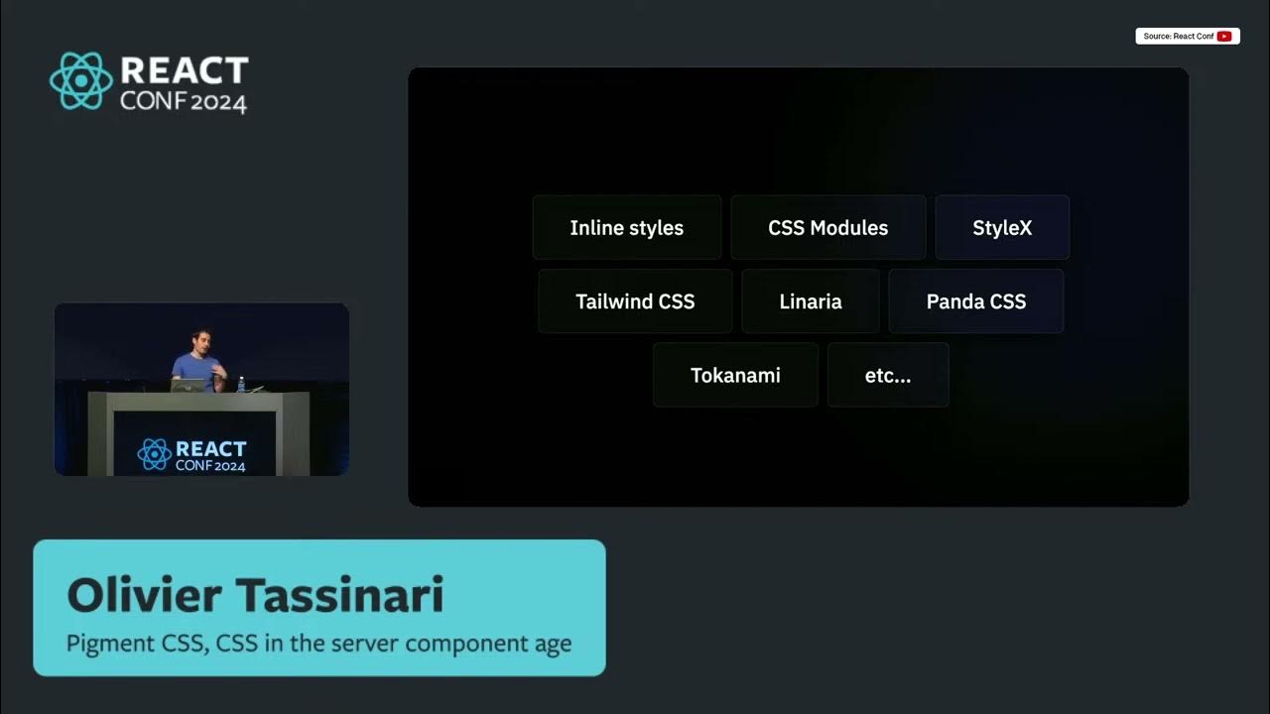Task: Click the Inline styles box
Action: [x=626, y=228]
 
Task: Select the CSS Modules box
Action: [x=827, y=228]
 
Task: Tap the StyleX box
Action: [x=1002, y=228]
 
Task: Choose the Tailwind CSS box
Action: [x=635, y=301]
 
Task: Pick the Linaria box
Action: [x=811, y=301]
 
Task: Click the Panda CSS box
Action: [x=976, y=301]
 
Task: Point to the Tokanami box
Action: [x=735, y=375]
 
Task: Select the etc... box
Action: [x=888, y=375]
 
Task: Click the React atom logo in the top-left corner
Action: [x=81, y=81]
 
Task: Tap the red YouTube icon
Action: [x=1224, y=37]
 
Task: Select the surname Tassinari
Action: [x=339, y=596]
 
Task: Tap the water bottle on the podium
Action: [x=240, y=384]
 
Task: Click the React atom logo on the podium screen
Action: [x=154, y=454]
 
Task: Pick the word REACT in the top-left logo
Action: [x=184, y=71]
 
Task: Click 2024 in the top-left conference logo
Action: [x=217, y=101]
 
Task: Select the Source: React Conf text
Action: [x=1178, y=37]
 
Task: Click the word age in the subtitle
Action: [x=552, y=644]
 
